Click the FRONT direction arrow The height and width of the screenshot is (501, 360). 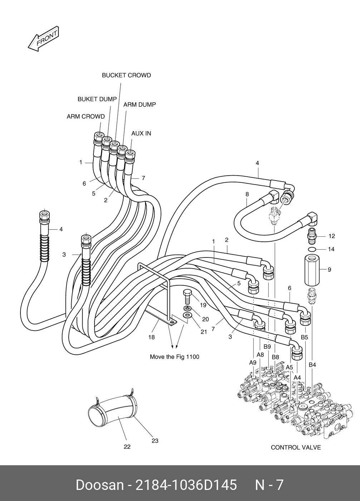click(x=43, y=39)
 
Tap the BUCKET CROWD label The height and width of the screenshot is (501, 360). click(x=126, y=75)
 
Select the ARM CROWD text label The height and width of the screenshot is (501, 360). click(x=86, y=117)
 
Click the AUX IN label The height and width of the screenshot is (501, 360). click(x=141, y=133)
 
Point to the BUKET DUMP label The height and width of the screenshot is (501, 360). click(x=97, y=99)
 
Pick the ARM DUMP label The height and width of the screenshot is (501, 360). click(x=140, y=105)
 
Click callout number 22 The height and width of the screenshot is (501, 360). click(x=127, y=447)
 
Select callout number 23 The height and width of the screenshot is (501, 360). click(x=155, y=441)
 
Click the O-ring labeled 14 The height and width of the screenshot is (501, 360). click(x=312, y=249)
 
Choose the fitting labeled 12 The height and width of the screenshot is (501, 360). click(x=312, y=236)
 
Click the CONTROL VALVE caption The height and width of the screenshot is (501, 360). click(x=296, y=447)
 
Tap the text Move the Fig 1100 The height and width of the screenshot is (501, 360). click(x=174, y=357)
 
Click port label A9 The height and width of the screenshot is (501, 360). click(x=253, y=363)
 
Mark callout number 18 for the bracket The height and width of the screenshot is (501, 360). click(x=152, y=337)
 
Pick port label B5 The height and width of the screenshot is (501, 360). click(x=305, y=337)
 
